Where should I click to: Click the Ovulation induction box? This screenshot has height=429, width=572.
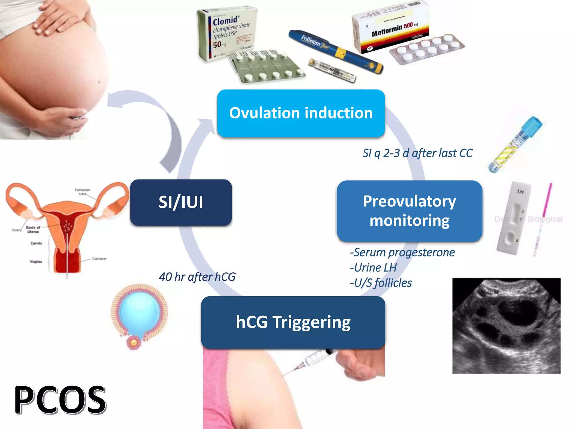coord(301,113)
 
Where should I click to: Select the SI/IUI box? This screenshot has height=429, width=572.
coord(181,202)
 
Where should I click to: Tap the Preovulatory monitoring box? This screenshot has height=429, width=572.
coord(409,211)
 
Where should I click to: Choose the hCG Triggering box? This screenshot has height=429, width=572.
coord(293,322)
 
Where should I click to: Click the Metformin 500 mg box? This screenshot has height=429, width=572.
coord(391,28)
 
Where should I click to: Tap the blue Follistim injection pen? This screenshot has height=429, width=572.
coord(335,52)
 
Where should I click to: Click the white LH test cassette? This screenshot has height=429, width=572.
coord(514,218)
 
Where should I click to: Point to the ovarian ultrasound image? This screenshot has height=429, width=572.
coord(506,326)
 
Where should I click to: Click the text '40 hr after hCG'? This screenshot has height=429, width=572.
coord(197,277)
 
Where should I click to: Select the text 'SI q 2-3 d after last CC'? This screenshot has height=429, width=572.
coord(417,153)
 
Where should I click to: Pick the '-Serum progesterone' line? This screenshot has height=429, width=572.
coord(402,252)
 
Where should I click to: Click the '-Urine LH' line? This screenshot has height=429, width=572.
coord(373,268)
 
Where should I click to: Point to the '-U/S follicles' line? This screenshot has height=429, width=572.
coord(381,283)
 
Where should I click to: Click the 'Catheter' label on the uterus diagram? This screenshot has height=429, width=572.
coord(99,259)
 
